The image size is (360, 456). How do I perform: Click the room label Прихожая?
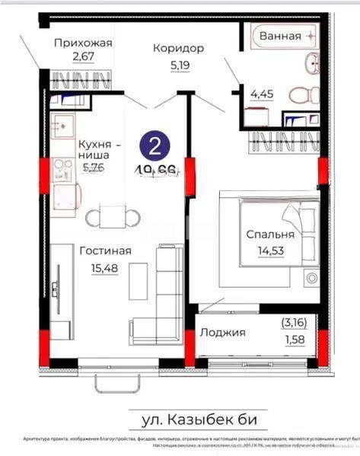click(83, 43)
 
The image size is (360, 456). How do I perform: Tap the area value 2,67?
click(82, 56)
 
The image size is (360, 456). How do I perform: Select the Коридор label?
click(178, 48)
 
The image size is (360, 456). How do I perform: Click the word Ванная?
click(279, 36)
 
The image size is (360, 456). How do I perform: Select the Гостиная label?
click(105, 250)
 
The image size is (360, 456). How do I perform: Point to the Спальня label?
click(269, 234)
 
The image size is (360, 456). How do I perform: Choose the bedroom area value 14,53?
click(269, 248)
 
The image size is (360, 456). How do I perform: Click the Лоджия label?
click(222, 333)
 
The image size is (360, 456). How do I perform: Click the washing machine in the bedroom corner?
click(311, 278)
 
